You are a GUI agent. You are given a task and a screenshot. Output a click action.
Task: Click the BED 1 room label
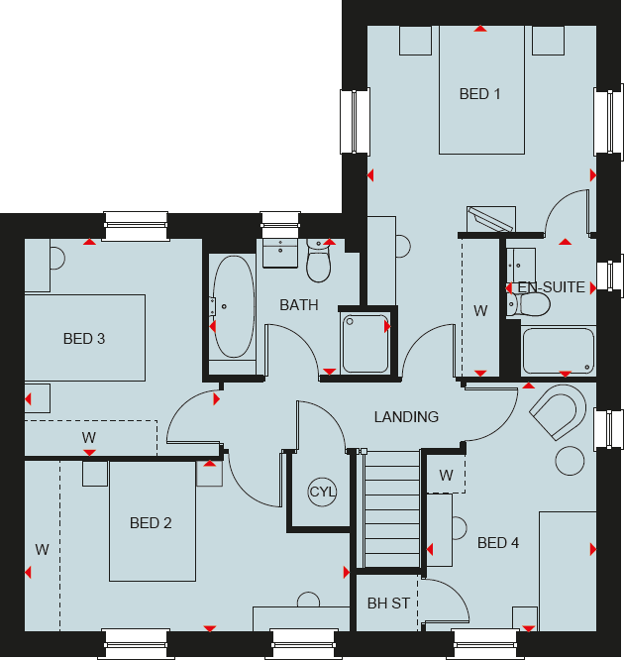tap(480, 94)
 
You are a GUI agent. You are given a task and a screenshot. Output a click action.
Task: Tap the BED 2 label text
tap(151, 523)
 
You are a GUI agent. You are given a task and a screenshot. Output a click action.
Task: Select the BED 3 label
tap(84, 339)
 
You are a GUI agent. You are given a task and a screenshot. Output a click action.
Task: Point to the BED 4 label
tap(498, 543)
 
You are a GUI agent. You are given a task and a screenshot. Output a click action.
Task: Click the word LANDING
tap(406, 417)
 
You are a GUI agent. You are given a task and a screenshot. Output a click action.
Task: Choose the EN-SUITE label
tap(552, 287)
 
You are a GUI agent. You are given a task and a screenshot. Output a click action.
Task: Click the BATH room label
tap(299, 305)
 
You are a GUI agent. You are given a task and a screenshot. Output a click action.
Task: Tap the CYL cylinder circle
tap(323, 492)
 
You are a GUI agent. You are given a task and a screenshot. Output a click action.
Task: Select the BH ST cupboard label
tap(387, 603)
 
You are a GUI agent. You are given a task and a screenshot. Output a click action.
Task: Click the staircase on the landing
tap(393, 510)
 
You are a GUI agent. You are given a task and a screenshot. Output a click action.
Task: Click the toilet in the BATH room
tap(319, 264)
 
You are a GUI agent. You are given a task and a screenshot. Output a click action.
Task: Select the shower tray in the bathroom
tap(366, 341)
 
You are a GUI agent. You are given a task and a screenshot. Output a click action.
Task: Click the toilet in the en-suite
tap(512, 303)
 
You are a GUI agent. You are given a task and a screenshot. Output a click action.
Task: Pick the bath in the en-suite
tap(559, 351)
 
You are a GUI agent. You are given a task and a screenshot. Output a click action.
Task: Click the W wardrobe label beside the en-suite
tap(480, 311)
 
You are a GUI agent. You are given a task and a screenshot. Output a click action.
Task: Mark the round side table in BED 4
tap(570, 461)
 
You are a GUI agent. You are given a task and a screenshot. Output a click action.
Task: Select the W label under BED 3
tap(89, 437)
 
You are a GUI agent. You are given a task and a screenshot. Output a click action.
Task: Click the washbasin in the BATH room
tap(280, 252)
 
